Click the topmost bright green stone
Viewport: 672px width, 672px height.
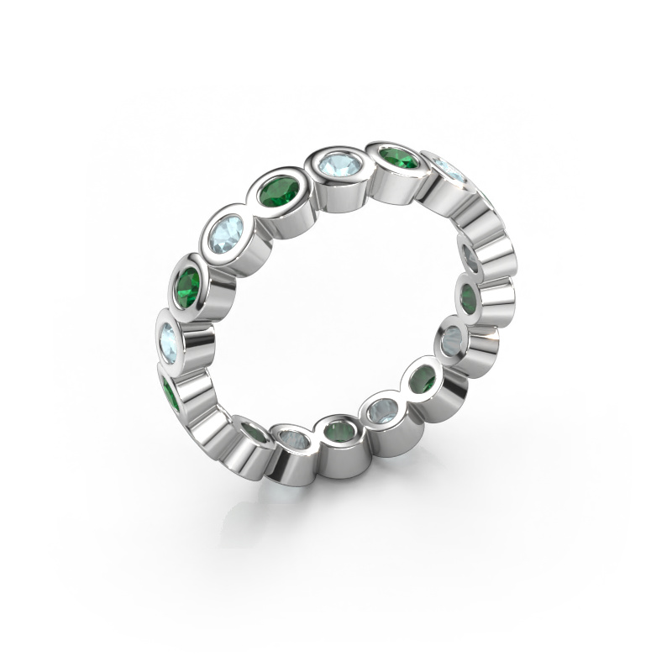399,158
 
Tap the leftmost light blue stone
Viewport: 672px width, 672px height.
169,338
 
